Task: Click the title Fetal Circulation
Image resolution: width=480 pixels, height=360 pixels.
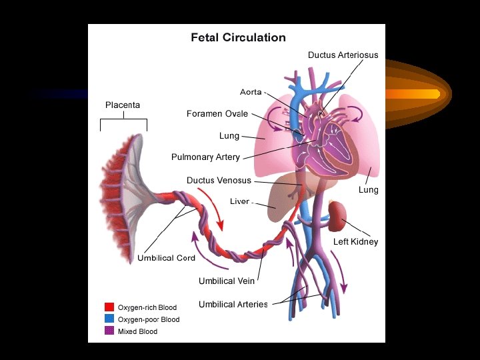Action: pos(238,38)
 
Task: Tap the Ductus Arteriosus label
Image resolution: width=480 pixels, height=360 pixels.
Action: pos(343,55)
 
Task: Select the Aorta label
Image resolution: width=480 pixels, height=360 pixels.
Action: pos(251,91)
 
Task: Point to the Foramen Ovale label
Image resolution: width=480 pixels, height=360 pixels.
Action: pos(217,114)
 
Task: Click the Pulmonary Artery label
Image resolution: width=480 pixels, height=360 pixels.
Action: pos(205,157)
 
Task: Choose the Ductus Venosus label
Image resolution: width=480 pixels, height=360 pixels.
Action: pos(219,180)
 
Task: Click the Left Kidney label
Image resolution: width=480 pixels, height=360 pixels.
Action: pos(355,241)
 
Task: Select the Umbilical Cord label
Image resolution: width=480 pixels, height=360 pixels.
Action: pos(166,258)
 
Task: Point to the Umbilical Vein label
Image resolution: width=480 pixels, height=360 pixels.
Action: pos(226,281)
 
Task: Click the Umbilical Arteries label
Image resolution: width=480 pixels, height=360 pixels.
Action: pos(233,305)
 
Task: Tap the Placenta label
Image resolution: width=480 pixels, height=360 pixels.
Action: pos(123,105)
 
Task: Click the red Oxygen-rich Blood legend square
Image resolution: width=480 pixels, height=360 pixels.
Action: pos(109,307)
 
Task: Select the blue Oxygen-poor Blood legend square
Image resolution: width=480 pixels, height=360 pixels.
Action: pos(109,319)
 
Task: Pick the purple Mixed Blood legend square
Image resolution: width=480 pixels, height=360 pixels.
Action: pos(109,331)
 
